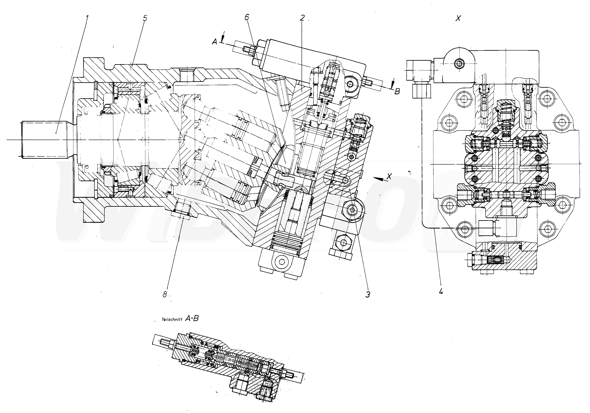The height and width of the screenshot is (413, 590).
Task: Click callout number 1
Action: [87, 18]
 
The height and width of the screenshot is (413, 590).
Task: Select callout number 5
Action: [145, 18]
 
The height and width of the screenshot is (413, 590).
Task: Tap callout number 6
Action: [247, 17]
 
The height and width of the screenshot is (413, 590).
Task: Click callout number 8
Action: [165, 294]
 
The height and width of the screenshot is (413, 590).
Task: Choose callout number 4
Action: [441, 292]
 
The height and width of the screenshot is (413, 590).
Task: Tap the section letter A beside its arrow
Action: [214, 42]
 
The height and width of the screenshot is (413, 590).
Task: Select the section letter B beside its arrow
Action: [397, 91]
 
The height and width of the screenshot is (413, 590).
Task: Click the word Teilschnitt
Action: [172, 320]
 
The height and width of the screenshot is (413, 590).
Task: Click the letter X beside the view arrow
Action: [390, 176]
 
